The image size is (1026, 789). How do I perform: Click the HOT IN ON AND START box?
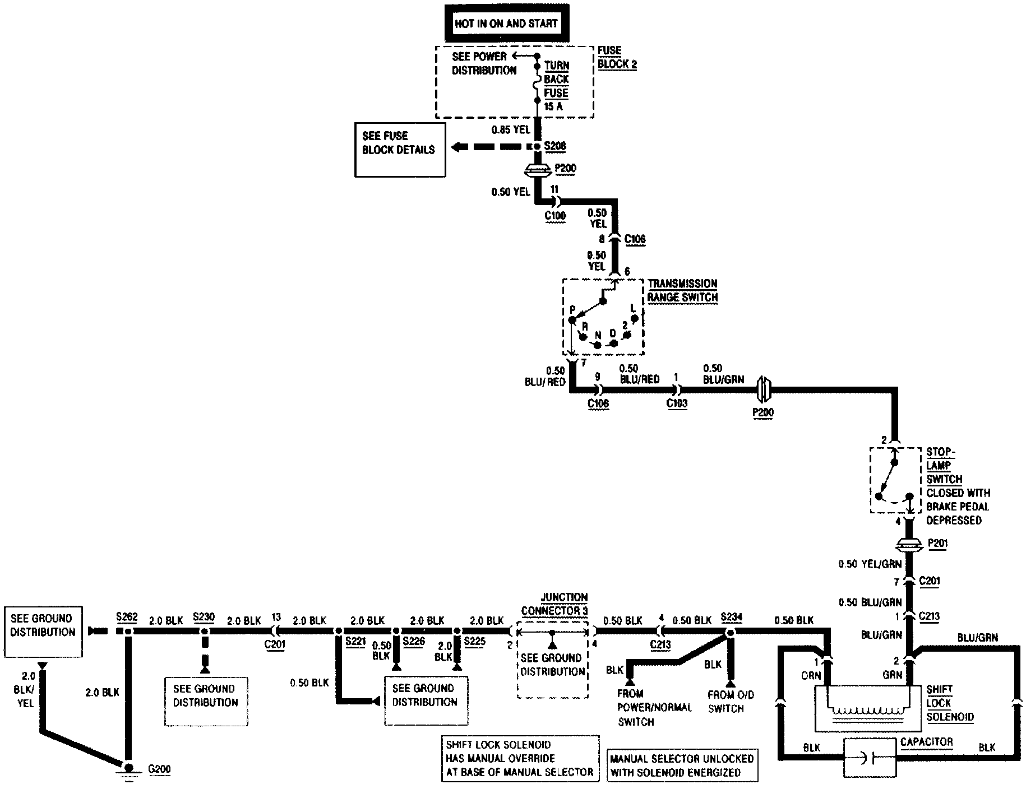[x=506, y=23]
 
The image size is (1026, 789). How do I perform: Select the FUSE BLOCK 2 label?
[x=617, y=57]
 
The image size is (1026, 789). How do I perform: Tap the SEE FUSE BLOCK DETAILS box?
[x=400, y=150]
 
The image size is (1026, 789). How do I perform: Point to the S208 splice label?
[x=556, y=146]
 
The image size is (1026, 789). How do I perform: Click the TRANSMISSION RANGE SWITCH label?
[x=682, y=290]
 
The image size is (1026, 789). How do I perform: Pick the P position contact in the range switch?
[x=572, y=319]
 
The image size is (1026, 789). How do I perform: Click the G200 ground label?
[x=159, y=769]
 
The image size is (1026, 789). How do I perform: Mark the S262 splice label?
[x=127, y=618]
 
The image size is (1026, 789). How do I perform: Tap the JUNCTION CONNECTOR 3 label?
[x=555, y=604]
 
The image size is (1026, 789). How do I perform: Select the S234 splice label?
[x=732, y=618]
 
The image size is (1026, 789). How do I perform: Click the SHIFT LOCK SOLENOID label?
[x=950, y=703]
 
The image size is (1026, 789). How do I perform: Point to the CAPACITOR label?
[x=926, y=742]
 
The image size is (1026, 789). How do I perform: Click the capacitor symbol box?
[x=870, y=758]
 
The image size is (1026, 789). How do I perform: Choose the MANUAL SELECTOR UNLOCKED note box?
[x=682, y=765]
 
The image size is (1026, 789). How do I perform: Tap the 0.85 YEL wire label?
[x=510, y=130]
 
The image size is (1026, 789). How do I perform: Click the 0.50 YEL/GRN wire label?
[x=870, y=564]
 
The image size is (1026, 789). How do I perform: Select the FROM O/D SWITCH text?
[x=731, y=702]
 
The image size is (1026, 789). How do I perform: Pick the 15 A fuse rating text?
[x=553, y=106]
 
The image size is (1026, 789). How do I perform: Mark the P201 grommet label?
[x=937, y=543]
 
